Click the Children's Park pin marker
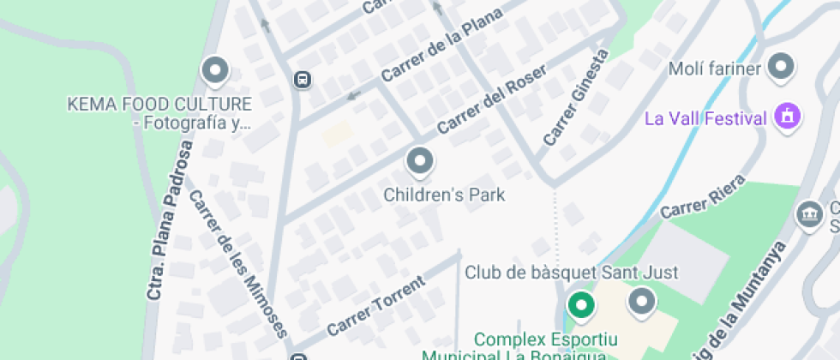click(419, 160)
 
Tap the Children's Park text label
click(444, 195)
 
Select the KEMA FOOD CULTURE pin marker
click(214, 70)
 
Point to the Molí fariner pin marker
click(781, 66)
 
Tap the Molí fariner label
click(714, 68)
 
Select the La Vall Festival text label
click(705, 117)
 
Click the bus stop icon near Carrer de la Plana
click(302, 80)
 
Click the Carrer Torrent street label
click(375, 306)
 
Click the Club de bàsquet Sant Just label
click(571, 273)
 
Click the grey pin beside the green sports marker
click(641, 301)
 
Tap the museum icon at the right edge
click(808, 214)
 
